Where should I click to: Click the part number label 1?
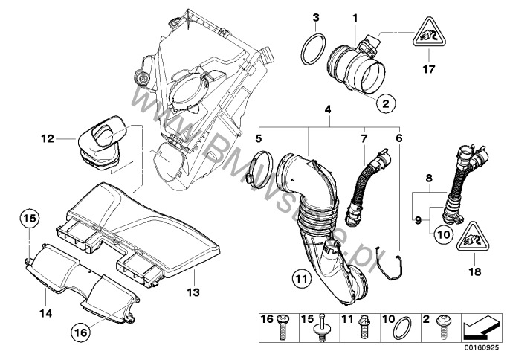(x=355, y=17)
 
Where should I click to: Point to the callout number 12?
(x=48, y=138)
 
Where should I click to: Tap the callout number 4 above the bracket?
(x=326, y=110)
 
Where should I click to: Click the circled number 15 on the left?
(x=28, y=219)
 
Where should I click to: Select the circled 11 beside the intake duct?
(x=300, y=280)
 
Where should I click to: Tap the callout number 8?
(x=428, y=179)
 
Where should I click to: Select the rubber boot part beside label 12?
(x=102, y=143)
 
